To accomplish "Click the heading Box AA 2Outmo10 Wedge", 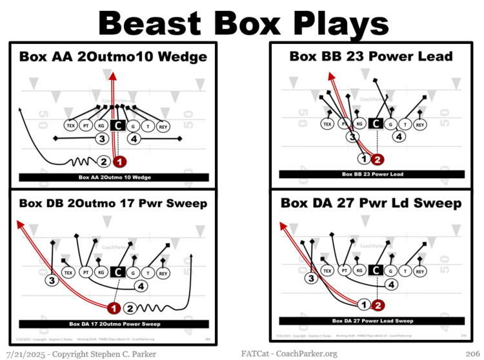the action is (114, 57).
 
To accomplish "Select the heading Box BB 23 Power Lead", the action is (371, 56).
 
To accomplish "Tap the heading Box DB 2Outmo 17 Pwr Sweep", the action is (114, 203).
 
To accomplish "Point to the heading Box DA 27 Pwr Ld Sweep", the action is (371, 203).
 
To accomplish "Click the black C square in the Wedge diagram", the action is (117, 126).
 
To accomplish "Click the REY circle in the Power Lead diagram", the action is (419, 125).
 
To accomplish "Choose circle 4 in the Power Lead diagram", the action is (399, 136).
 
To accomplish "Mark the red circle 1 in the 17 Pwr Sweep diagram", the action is (114, 308).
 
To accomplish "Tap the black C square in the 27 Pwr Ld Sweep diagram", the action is (376, 272).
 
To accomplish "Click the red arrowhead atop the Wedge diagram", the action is (113, 75).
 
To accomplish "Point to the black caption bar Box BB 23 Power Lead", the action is (371, 174).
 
